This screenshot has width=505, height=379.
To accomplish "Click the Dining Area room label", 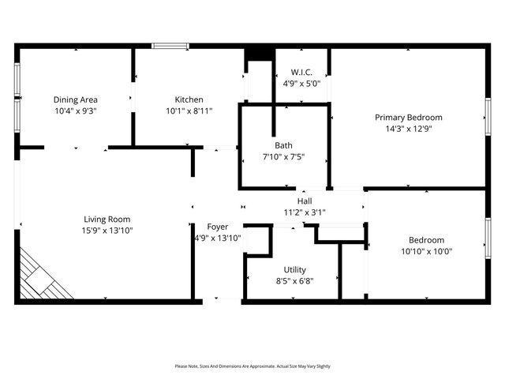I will pyautogui.click(x=76, y=99).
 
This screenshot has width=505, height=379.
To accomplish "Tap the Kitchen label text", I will pyautogui.click(x=189, y=99).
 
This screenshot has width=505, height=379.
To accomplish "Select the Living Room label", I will pyautogui.click(x=107, y=220).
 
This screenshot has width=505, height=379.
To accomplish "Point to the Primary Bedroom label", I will pyautogui.click(x=408, y=118).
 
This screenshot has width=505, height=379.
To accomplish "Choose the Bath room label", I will pyautogui.click(x=283, y=145).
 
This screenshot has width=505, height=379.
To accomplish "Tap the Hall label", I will pyautogui.click(x=304, y=201).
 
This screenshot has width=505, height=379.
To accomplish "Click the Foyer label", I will pyautogui.click(x=218, y=227).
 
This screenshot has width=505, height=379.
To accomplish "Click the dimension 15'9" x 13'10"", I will pyautogui.click(x=107, y=231).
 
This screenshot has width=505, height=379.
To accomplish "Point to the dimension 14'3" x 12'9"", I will pyautogui.click(x=408, y=129).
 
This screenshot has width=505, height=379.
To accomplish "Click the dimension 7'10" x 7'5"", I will pyautogui.click(x=283, y=156).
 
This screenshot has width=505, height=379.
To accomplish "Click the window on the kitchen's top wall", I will pyautogui.click(x=170, y=47).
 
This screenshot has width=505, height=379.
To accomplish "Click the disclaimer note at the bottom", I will pyautogui.click(x=252, y=366).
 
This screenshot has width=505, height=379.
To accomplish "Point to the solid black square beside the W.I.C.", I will pyautogui.click(x=257, y=54).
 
